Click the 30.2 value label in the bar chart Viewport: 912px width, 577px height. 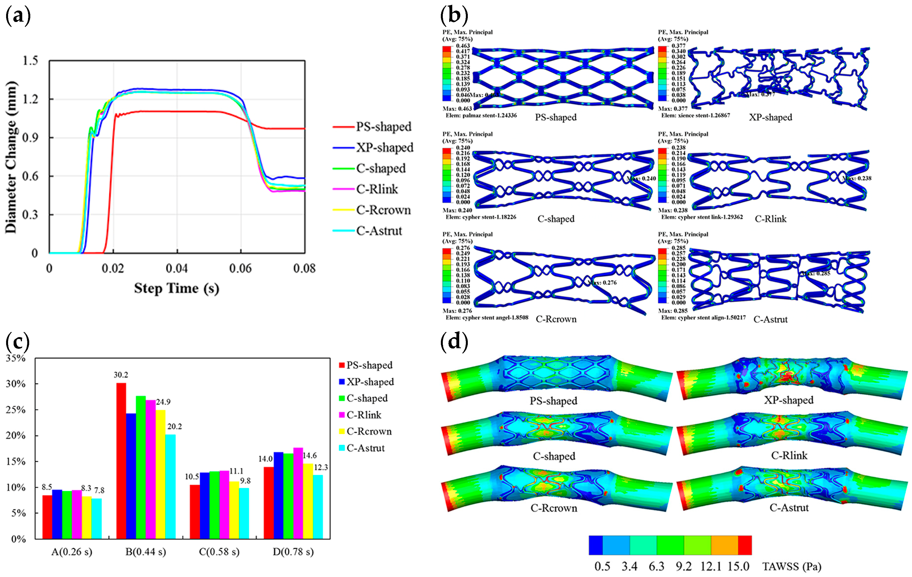[x=121, y=375]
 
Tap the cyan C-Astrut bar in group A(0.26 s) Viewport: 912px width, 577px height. [x=97, y=518]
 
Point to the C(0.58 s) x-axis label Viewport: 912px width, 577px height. [x=219, y=552]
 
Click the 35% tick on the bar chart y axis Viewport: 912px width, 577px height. [x=16, y=358]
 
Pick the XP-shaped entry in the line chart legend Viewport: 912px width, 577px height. [x=384, y=147]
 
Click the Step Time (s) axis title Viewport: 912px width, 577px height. [x=176, y=288]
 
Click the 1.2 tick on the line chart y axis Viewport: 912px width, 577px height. [x=30, y=99]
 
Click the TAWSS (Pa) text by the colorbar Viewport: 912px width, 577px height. [x=791, y=567]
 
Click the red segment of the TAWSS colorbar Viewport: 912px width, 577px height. [x=744, y=545]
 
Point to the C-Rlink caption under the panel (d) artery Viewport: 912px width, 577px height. [x=789, y=455]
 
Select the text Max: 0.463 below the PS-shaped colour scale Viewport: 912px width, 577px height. [x=457, y=109]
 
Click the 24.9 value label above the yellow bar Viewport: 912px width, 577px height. [x=163, y=402]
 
